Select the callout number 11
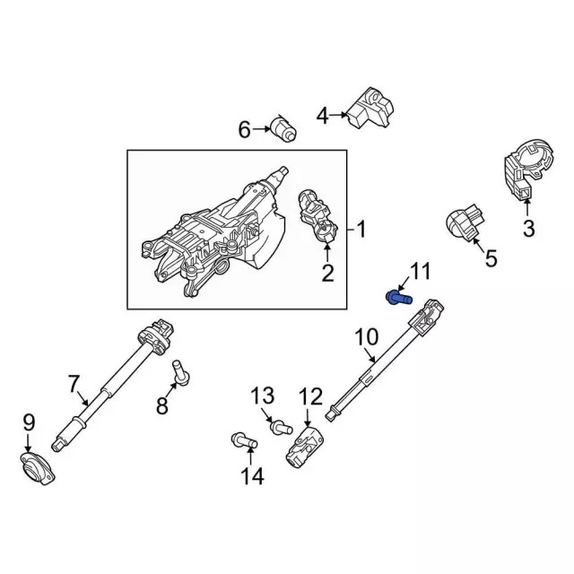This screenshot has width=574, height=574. point(420,272)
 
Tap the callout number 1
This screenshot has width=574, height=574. point(361,230)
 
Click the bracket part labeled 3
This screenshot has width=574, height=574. point(524,175)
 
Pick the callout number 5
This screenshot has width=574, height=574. point(490,259)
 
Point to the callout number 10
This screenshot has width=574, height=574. point(367,338)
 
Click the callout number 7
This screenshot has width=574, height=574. point(74,384)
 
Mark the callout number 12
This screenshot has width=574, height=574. point(309,395)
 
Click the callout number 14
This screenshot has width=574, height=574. point(253,476)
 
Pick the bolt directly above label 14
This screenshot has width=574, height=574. point(242,440)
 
